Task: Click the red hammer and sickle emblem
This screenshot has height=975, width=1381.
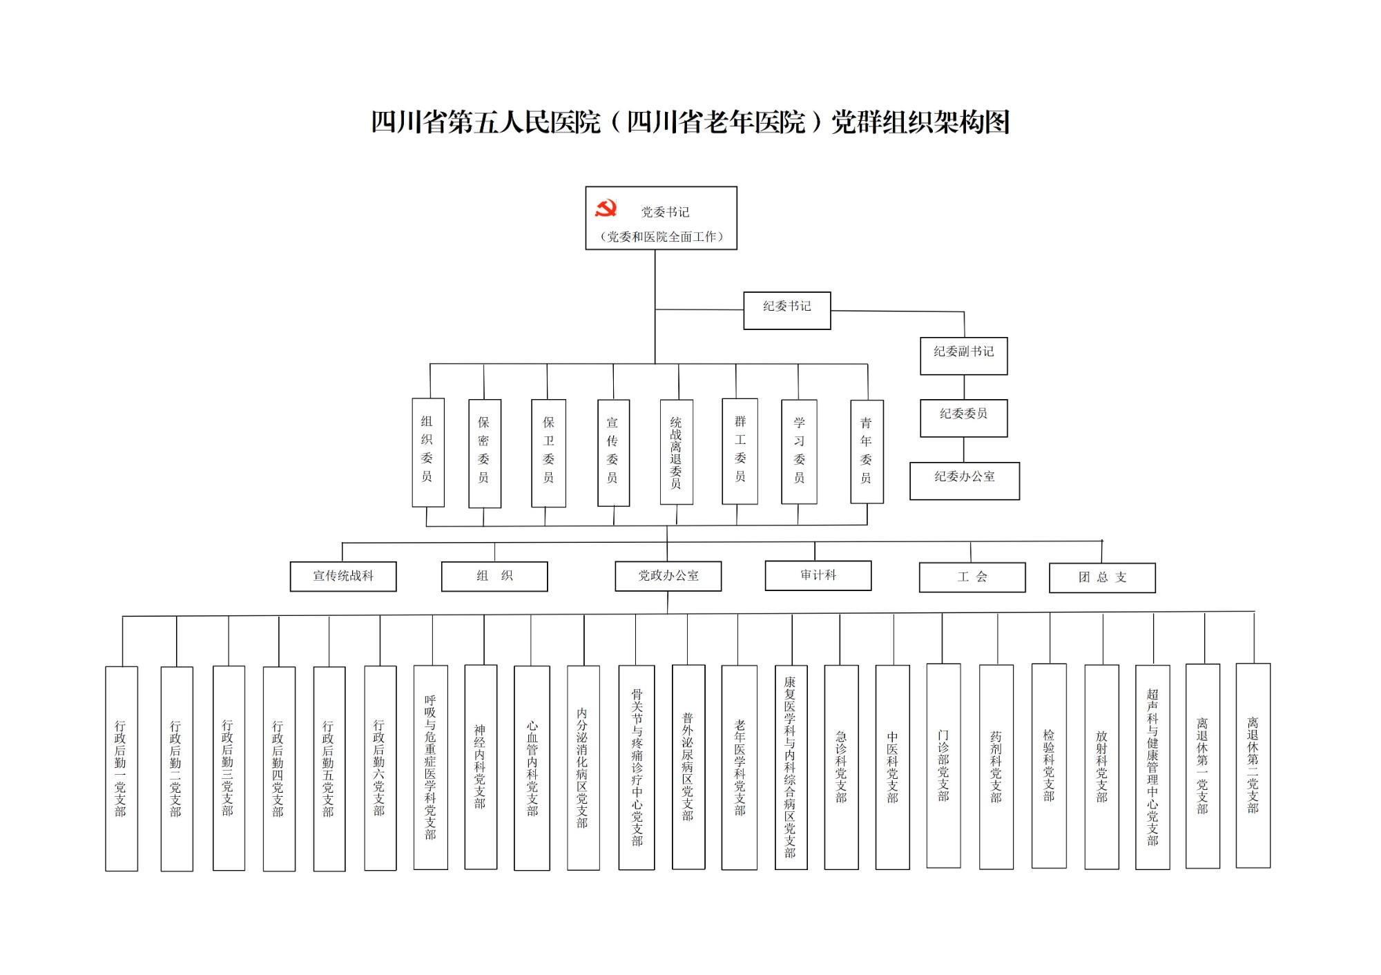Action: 606,209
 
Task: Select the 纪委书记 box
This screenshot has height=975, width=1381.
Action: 787,311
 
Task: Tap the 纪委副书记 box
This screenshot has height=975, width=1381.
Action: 964,356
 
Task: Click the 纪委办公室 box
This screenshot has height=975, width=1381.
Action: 965,481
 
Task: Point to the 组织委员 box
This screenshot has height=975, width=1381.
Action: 428,452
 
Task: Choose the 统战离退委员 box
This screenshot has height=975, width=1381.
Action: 677,452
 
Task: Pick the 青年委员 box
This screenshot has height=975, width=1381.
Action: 867,452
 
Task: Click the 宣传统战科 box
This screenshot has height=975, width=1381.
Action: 343,577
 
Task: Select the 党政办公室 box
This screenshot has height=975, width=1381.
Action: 668,577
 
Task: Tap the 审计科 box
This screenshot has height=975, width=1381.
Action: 818,576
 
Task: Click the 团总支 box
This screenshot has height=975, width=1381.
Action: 1103,578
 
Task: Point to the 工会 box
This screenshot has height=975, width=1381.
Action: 972,577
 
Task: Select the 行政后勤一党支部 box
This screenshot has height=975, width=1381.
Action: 122,769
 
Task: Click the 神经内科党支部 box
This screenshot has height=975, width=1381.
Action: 481,767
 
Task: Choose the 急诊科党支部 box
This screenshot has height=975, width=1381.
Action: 842,767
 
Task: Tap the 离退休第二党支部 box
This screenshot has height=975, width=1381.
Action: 1253,766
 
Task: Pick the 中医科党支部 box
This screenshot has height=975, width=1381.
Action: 893,767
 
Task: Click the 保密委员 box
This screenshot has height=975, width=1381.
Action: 485,454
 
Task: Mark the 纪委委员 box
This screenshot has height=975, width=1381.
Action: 964,418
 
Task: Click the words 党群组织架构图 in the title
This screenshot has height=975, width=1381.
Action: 920,122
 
